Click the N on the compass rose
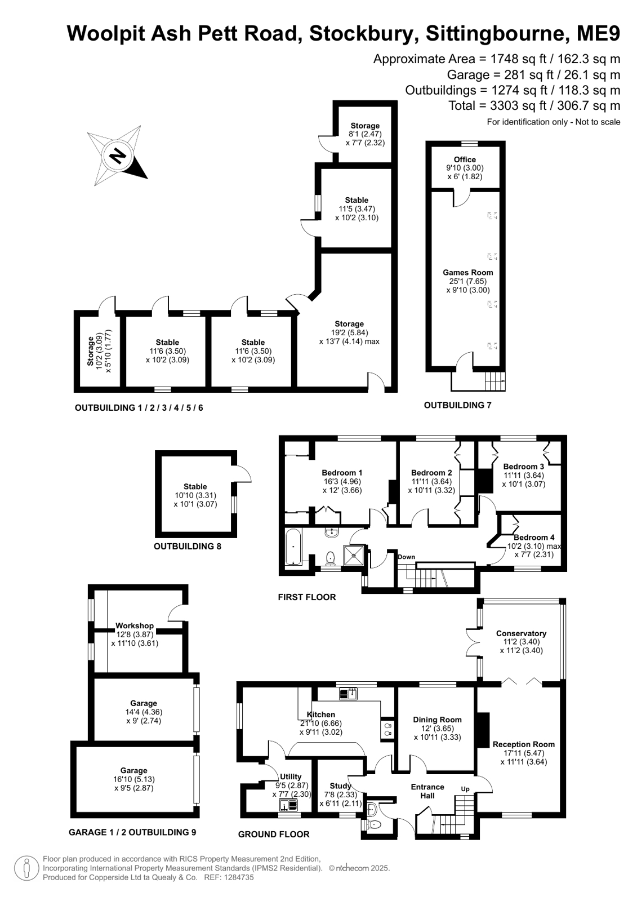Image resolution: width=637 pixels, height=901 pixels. point(118,156)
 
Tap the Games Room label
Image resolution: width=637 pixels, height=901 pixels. point(467,273)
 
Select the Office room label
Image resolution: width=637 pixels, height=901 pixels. point(465,159)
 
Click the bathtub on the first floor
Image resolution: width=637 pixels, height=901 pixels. point(293,547)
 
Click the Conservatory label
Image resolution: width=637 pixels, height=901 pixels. point(521,633)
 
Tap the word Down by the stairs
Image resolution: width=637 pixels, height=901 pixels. point(406,557)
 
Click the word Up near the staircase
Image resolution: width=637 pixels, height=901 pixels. point(465,789)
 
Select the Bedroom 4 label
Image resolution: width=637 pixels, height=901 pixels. point(534,538)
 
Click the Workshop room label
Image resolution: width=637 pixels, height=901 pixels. point(135,626)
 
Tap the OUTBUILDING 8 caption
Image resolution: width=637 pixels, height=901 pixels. point(188,546)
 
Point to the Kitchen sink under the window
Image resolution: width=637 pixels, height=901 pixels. point(349,694)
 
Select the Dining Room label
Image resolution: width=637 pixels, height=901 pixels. point(437,720)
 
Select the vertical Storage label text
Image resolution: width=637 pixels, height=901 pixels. point(91,351)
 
